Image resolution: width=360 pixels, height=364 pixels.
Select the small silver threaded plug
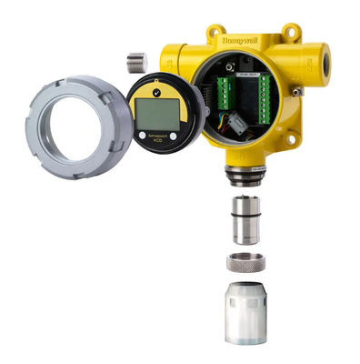click(x=137, y=62)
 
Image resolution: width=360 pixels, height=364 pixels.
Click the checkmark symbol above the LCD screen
click(x=159, y=90)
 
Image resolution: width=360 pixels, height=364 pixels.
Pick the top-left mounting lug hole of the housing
click(x=215, y=30)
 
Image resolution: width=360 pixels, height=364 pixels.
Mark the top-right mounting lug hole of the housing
click(x=294, y=33)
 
